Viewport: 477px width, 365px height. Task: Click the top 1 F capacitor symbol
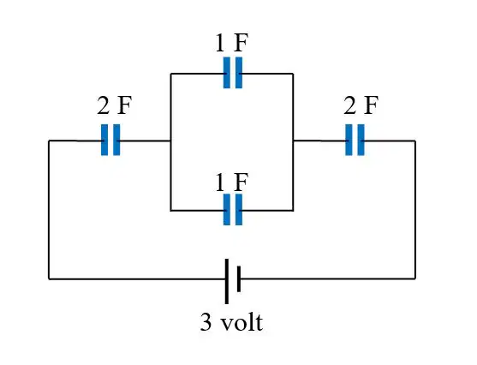(x=233, y=73)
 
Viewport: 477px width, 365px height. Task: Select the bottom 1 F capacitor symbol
(x=233, y=210)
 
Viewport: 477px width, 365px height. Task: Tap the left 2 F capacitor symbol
(x=110, y=140)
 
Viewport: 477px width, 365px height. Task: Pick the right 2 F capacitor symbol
(x=355, y=140)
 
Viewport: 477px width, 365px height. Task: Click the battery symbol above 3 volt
(x=233, y=281)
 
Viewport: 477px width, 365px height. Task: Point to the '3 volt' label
(x=231, y=322)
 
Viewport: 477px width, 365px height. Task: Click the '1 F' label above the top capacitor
(x=231, y=43)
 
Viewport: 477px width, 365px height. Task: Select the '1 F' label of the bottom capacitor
(x=231, y=182)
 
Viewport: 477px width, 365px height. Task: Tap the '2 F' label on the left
(x=115, y=105)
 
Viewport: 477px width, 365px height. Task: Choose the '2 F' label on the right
(x=361, y=105)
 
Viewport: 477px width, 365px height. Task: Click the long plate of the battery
(x=227, y=281)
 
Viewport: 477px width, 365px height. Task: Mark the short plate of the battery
(x=239, y=279)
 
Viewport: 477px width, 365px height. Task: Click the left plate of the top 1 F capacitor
(x=227, y=73)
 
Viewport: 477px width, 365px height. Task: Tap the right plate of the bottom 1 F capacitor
(x=239, y=210)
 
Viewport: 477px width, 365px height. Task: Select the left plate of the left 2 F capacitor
(x=104, y=140)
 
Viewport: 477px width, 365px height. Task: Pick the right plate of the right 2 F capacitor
(x=361, y=140)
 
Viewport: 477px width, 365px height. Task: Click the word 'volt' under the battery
(x=241, y=322)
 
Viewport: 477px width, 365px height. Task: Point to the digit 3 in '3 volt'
(x=206, y=322)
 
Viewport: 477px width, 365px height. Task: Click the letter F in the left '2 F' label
(x=125, y=105)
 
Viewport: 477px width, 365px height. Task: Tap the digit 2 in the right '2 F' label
(x=350, y=105)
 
